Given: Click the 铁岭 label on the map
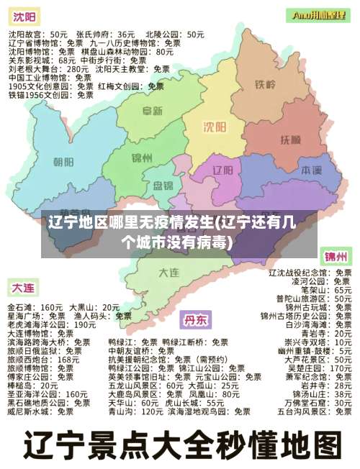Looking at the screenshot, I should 265,84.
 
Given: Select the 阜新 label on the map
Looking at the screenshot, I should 152,111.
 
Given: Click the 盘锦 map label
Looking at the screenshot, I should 163,185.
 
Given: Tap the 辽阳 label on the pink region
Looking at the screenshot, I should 225,170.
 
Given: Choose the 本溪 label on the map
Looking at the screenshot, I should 311,170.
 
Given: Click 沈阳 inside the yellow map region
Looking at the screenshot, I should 215,127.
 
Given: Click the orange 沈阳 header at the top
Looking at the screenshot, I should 24,16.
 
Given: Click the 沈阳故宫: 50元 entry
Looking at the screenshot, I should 37,34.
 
